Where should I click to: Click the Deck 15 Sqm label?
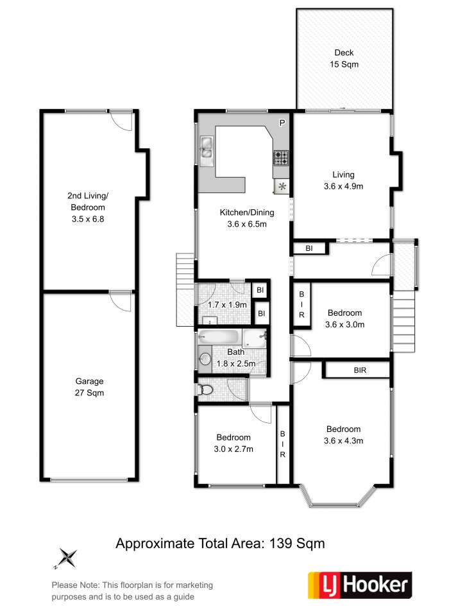coord(344,58)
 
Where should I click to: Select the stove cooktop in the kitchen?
coord(281,158)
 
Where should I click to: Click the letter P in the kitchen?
coord(282,123)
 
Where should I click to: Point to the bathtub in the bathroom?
coord(219,337)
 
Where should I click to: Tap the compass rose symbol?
coord(67,558)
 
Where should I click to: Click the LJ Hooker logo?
coord(360,585)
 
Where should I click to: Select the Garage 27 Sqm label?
coord(89,387)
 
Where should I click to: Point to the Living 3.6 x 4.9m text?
coord(344,180)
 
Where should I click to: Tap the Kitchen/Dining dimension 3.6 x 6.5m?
coord(247,224)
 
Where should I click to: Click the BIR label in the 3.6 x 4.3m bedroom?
coord(360,370)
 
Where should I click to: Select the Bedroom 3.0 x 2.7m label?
coord(233,443)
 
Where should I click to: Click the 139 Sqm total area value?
coord(297,543)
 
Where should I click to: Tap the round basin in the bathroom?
coord(205,359)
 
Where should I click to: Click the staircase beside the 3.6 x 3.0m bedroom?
coord(403,321)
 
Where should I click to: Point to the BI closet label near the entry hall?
coord(309,248)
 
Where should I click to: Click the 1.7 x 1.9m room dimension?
coord(228,305)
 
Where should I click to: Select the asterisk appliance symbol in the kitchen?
coord(282,187)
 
